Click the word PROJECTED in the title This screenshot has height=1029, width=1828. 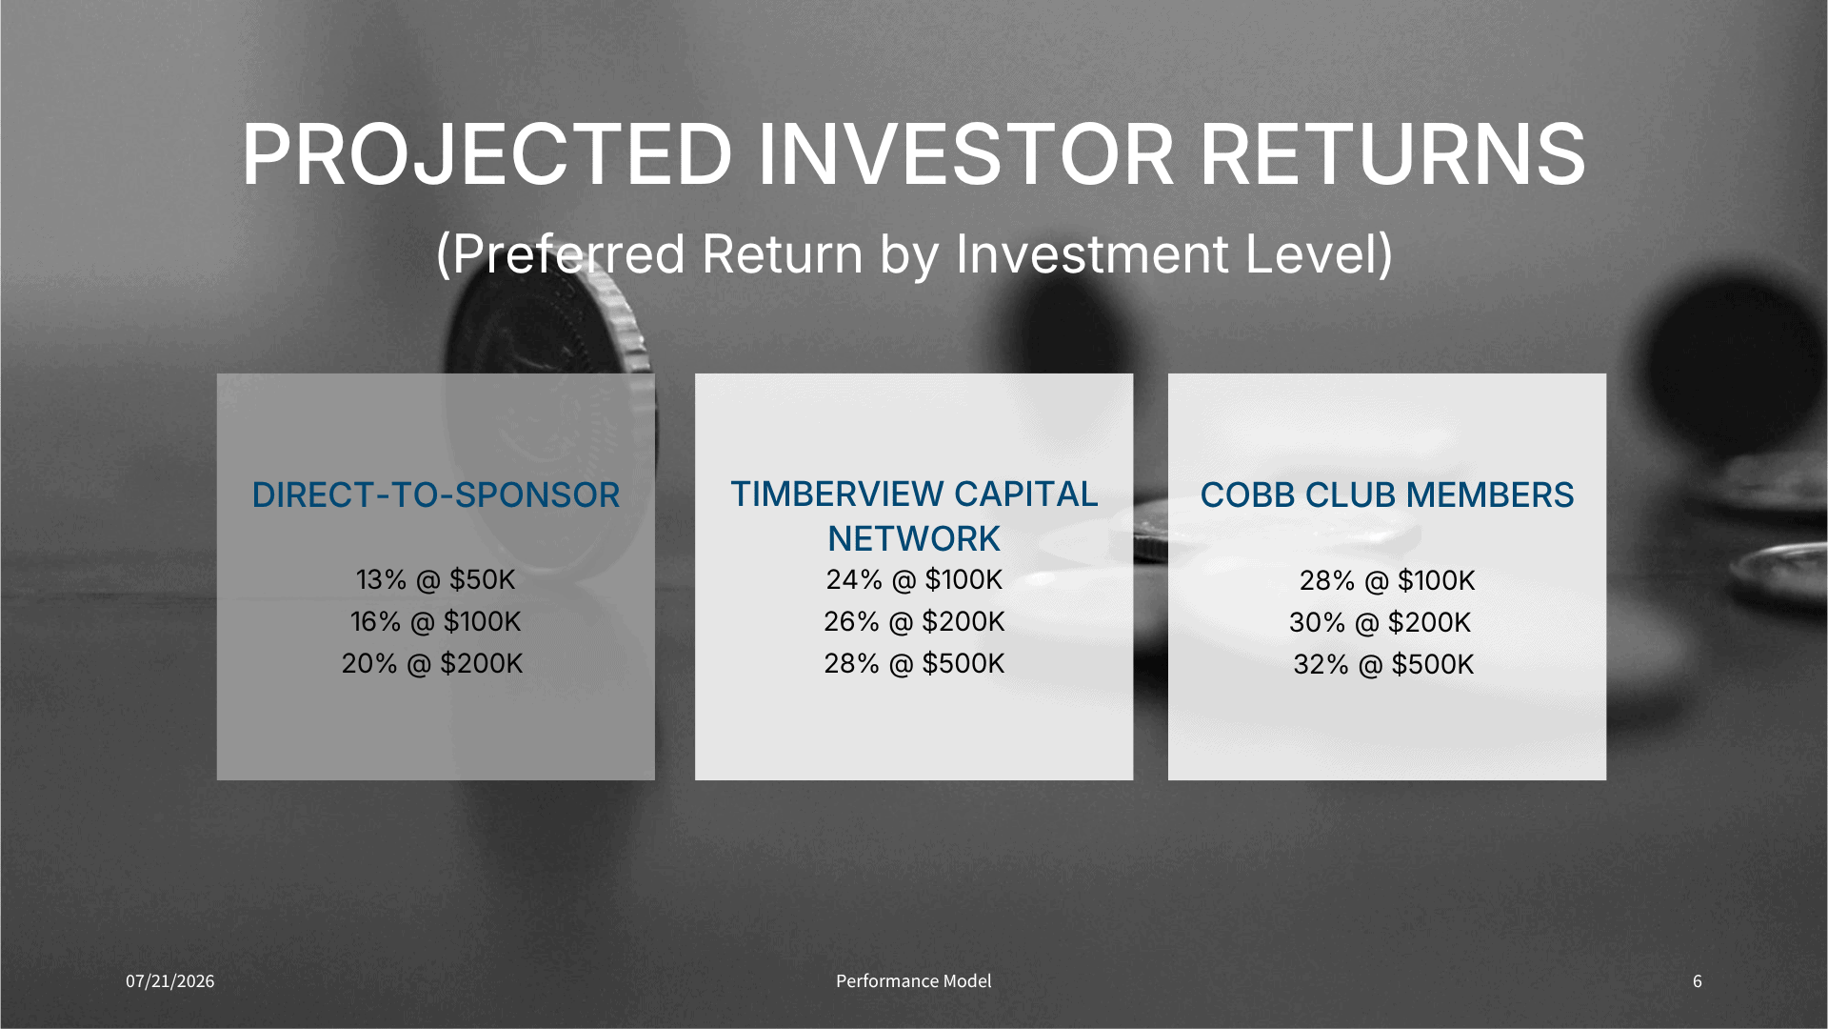tap(487, 154)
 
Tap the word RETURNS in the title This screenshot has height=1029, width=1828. tap(1392, 154)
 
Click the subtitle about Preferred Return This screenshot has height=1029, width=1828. tap(914, 254)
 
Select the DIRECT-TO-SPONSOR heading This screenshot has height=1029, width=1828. tap(436, 495)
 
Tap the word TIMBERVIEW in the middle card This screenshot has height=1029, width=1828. tap(838, 494)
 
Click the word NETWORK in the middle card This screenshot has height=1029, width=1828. tap(914, 539)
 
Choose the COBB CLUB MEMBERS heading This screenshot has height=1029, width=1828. tap(1387, 495)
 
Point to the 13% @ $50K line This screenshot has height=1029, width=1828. tap(435, 579)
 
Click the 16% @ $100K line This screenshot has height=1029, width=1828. tap(435, 621)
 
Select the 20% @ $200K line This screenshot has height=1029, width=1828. tap(432, 663)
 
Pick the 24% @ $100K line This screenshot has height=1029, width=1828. tap(914, 579)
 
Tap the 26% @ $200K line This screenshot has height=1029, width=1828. tap(914, 621)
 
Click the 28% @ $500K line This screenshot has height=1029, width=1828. tap(914, 663)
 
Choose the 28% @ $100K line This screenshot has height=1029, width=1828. tap(1387, 580)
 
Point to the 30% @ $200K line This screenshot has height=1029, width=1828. tap(1380, 622)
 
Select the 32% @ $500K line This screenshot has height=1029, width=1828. tap(1383, 664)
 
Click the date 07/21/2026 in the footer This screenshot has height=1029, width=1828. tap(170, 981)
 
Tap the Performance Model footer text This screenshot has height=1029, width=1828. tap(914, 981)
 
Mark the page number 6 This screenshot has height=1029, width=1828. tap(1698, 981)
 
